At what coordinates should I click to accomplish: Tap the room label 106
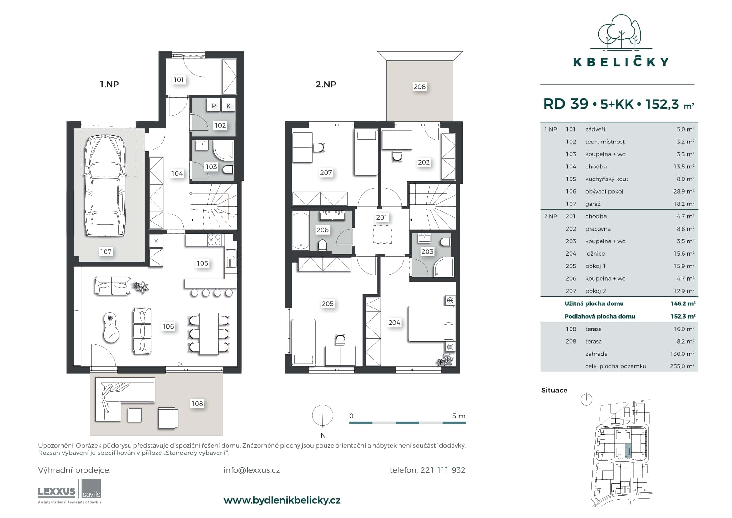tap(168, 326)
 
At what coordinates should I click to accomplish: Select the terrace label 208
tap(419, 87)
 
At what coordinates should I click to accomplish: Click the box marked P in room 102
tap(214, 106)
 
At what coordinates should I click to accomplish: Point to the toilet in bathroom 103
tap(228, 169)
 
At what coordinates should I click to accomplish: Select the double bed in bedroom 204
tap(431, 324)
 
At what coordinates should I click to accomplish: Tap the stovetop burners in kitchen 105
tap(214, 240)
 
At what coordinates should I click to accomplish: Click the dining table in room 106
tap(209, 334)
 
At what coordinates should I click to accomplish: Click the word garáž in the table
tap(593, 204)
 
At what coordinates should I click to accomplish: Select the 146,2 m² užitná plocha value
tap(683, 304)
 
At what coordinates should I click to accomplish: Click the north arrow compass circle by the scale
tap(323, 416)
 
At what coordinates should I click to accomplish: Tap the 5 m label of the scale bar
tap(458, 416)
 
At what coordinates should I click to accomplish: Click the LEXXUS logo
tap(57, 491)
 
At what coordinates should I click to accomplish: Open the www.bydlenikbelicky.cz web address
tap(282, 500)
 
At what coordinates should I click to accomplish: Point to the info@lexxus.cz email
tap(252, 470)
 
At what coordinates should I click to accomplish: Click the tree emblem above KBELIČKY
tap(619, 32)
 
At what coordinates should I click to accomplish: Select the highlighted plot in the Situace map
tap(627, 451)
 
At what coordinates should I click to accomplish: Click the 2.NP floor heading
tap(325, 85)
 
